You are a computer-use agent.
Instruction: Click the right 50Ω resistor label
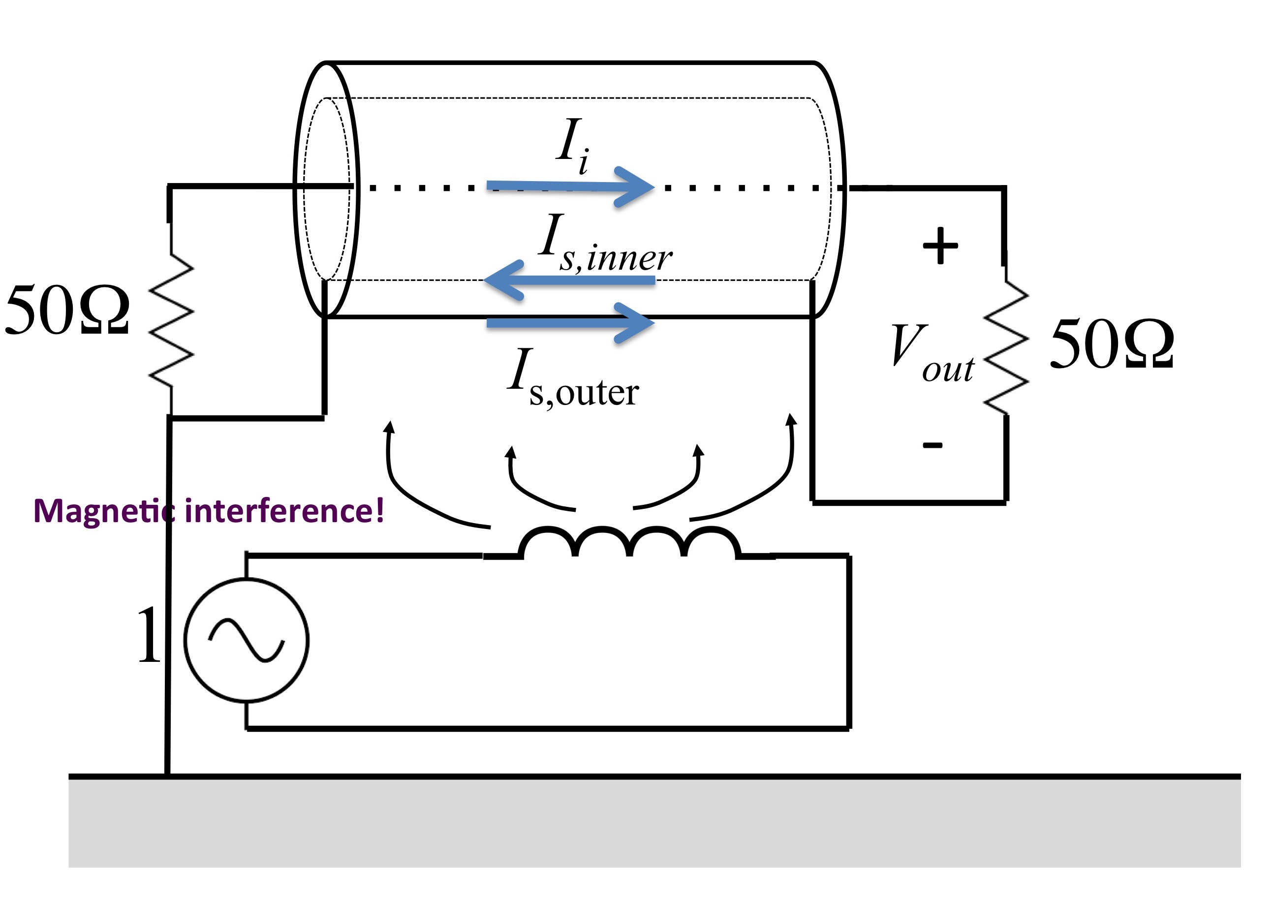pos(1112,344)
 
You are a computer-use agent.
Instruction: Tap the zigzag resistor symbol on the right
pos(1006,347)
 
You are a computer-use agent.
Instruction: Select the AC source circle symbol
pos(246,640)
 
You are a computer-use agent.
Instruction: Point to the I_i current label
pos(573,146)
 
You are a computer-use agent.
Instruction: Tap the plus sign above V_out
pos(940,245)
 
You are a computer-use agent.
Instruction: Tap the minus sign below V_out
pos(932,445)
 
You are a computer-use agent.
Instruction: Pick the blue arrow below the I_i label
pos(571,187)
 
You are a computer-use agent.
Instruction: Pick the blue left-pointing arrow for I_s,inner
pos(569,280)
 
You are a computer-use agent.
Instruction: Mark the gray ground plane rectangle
pos(654,822)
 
